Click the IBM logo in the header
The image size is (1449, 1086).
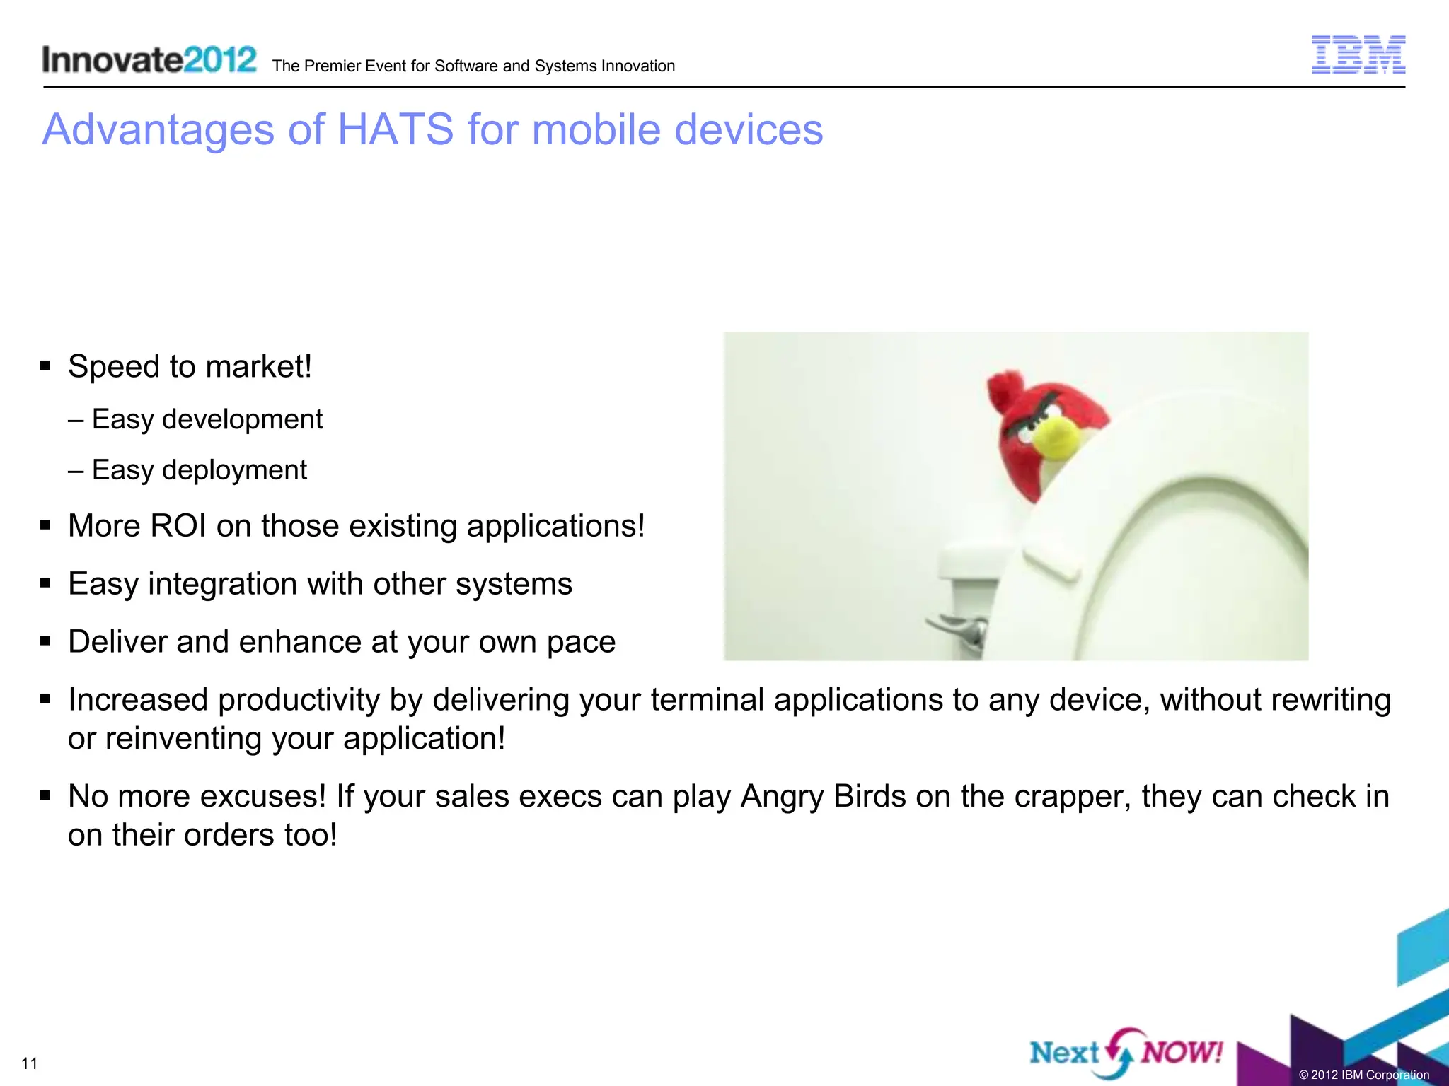(1358, 54)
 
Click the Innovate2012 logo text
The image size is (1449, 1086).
(149, 59)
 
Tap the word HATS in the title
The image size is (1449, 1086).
(396, 130)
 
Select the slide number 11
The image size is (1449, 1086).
(29, 1063)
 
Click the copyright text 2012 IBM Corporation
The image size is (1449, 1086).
(1363, 1075)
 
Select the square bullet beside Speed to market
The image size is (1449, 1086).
(45, 366)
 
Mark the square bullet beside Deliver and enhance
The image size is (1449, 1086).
(45, 641)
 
